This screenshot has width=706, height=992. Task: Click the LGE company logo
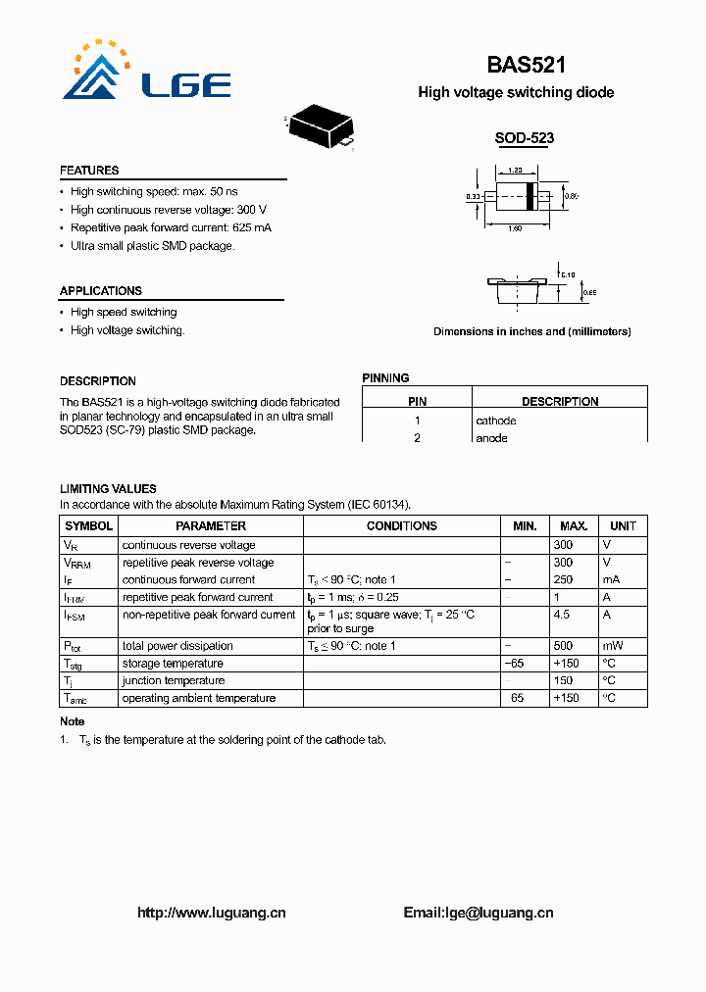(x=147, y=73)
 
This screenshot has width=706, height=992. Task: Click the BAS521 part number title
(x=526, y=65)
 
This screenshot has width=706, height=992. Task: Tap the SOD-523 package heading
(x=524, y=138)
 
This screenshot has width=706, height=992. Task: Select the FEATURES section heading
(x=89, y=171)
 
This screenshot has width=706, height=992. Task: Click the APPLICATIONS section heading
(x=100, y=291)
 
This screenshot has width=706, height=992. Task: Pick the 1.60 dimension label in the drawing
(x=514, y=229)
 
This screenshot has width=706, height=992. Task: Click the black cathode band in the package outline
(x=530, y=197)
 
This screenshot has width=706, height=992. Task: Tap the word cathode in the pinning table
(x=495, y=421)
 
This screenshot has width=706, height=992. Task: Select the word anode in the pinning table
(x=491, y=438)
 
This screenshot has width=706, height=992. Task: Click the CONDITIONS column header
(x=401, y=526)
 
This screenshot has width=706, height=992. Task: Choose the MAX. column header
(x=574, y=526)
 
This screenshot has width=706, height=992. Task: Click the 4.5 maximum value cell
(x=563, y=615)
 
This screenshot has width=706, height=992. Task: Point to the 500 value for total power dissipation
(x=563, y=646)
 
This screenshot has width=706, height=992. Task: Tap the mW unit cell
(x=612, y=646)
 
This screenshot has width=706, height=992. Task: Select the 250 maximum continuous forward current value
(x=563, y=579)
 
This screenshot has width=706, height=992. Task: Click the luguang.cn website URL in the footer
(x=211, y=913)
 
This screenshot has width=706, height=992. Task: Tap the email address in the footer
(x=479, y=913)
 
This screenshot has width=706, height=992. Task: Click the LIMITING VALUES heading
(x=108, y=488)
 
